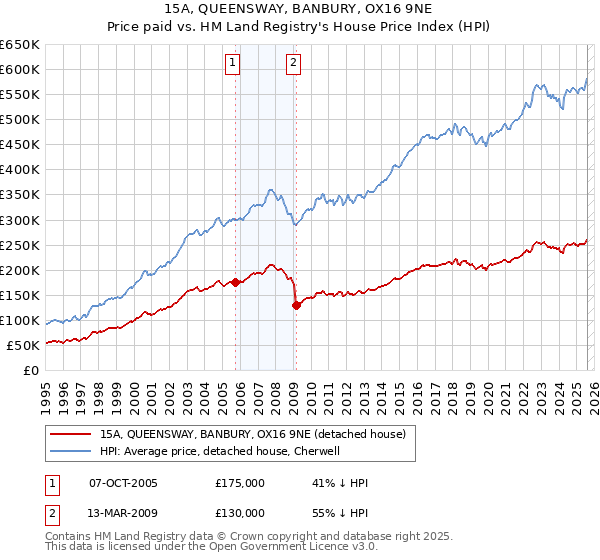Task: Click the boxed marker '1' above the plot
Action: [x=232, y=63]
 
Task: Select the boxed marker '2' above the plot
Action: [x=294, y=63]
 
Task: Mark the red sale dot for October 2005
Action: [x=236, y=282]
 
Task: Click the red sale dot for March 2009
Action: [x=296, y=305]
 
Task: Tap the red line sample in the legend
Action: [x=71, y=434]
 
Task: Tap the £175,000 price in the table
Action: [x=240, y=483]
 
